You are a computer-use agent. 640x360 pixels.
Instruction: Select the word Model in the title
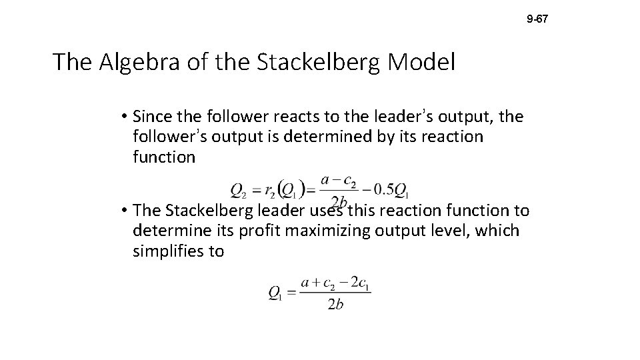(422, 63)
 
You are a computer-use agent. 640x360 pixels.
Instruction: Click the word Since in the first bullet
(151, 117)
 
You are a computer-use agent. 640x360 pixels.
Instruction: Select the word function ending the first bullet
(164, 157)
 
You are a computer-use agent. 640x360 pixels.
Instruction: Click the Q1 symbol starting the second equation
(275, 294)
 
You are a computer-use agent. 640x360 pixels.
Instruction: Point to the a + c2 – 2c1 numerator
(335, 283)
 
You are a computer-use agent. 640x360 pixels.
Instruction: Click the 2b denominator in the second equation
(335, 305)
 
